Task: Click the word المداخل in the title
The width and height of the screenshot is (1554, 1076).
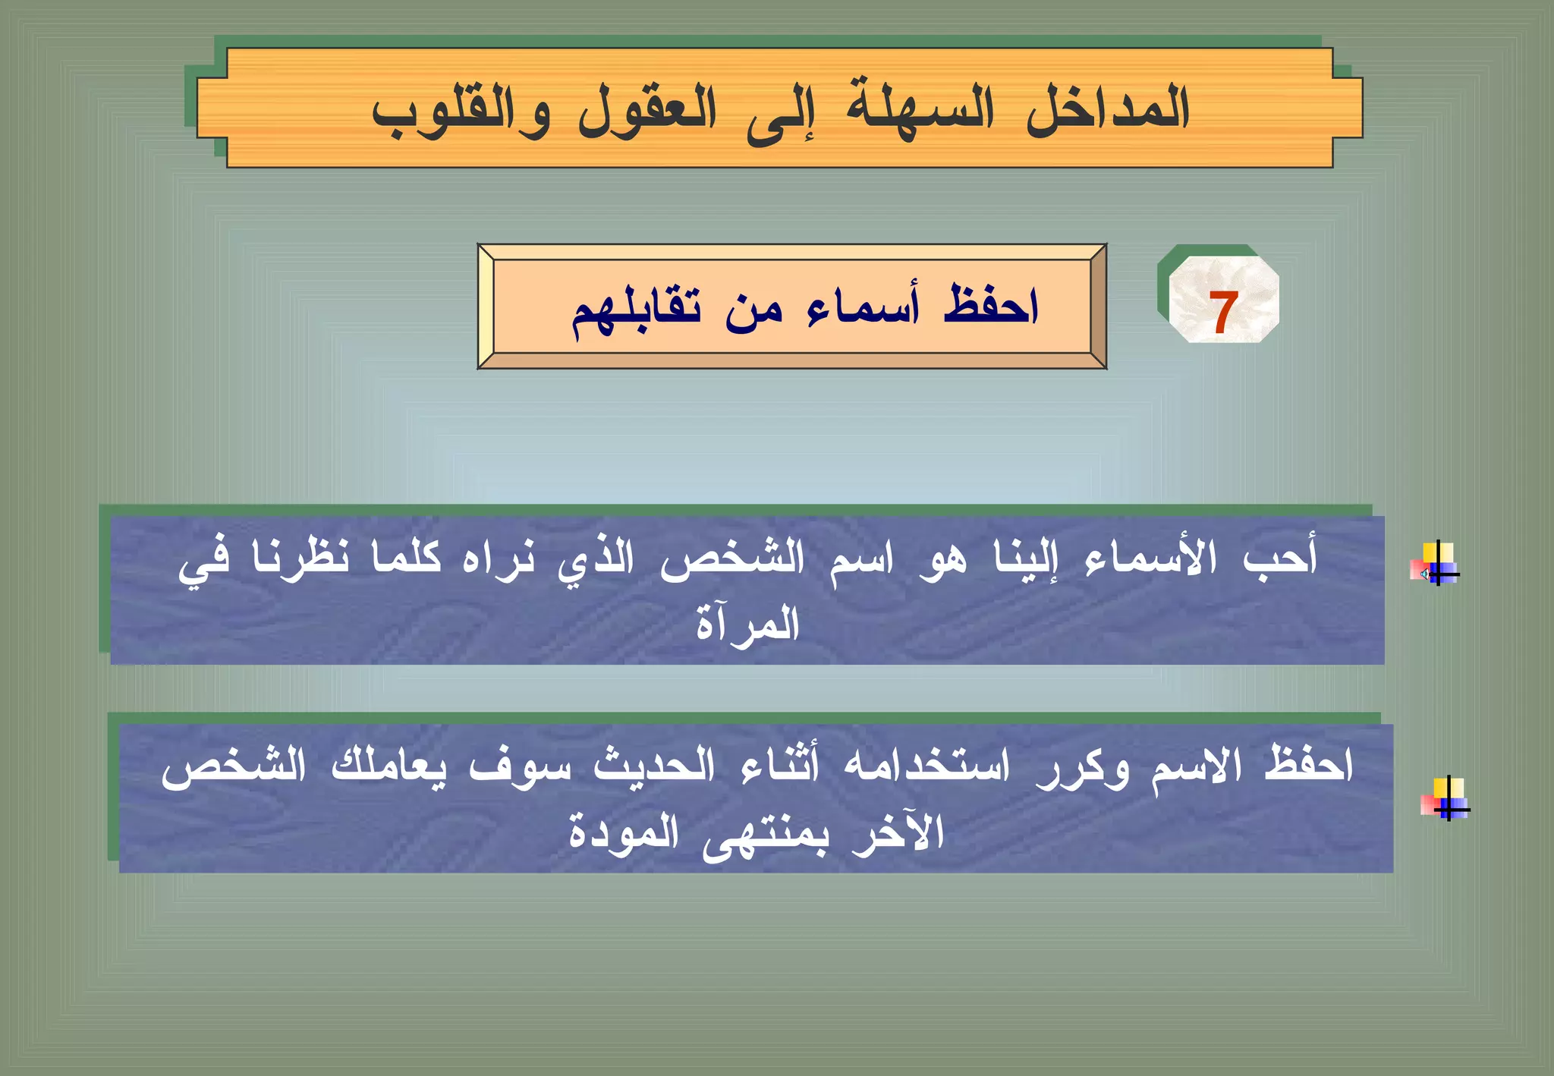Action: click(1107, 110)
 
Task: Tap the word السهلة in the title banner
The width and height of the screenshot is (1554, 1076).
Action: click(920, 110)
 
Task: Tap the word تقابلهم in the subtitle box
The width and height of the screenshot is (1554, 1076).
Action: click(636, 313)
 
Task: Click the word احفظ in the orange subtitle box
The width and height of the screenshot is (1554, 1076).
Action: click(989, 306)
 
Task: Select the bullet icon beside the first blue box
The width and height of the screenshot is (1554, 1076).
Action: click(1436, 564)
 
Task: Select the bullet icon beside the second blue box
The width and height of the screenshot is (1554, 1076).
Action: click(1445, 798)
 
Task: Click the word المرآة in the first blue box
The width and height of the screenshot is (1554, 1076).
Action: click(747, 624)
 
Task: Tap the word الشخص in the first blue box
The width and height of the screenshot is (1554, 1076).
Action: click(731, 560)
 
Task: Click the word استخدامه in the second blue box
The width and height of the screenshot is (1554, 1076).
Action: click(926, 766)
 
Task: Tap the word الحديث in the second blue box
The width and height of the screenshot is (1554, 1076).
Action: click(653, 766)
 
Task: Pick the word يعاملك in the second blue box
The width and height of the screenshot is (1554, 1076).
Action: click(388, 766)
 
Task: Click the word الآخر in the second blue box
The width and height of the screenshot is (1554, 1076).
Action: click(897, 832)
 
